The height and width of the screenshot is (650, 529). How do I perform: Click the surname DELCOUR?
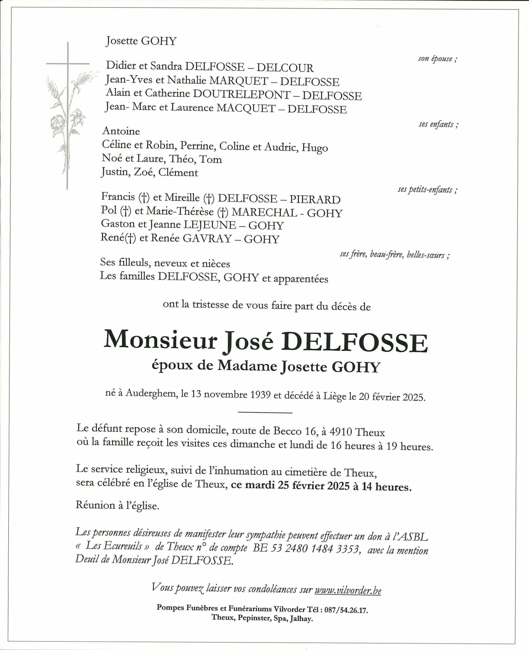click(285, 68)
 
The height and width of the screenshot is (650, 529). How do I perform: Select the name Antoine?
click(121, 131)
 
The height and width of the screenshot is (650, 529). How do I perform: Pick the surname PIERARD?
click(315, 200)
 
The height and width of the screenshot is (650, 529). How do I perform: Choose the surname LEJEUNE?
click(209, 225)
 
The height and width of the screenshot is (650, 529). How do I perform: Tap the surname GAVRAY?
click(207, 239)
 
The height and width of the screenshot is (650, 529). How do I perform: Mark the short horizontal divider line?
click(265, 413)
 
